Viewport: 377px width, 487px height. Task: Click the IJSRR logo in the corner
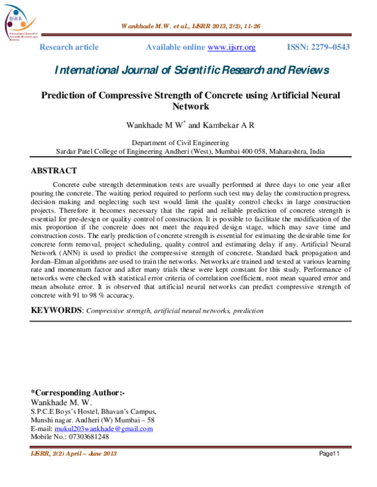tap(19, 24)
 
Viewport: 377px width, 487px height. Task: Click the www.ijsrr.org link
tap(231, 48)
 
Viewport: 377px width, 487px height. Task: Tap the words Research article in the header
tap(69, 48)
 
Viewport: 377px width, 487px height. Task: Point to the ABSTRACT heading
tap(54, 171)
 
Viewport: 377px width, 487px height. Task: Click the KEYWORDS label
tap(57, 310)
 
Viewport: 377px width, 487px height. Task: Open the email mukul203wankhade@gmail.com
tap(108, 429)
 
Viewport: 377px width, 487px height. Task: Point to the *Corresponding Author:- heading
tap(78, 393)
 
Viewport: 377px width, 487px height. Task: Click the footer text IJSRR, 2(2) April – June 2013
tap(74, 454)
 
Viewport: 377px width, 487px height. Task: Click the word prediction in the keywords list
tap(248, 311)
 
